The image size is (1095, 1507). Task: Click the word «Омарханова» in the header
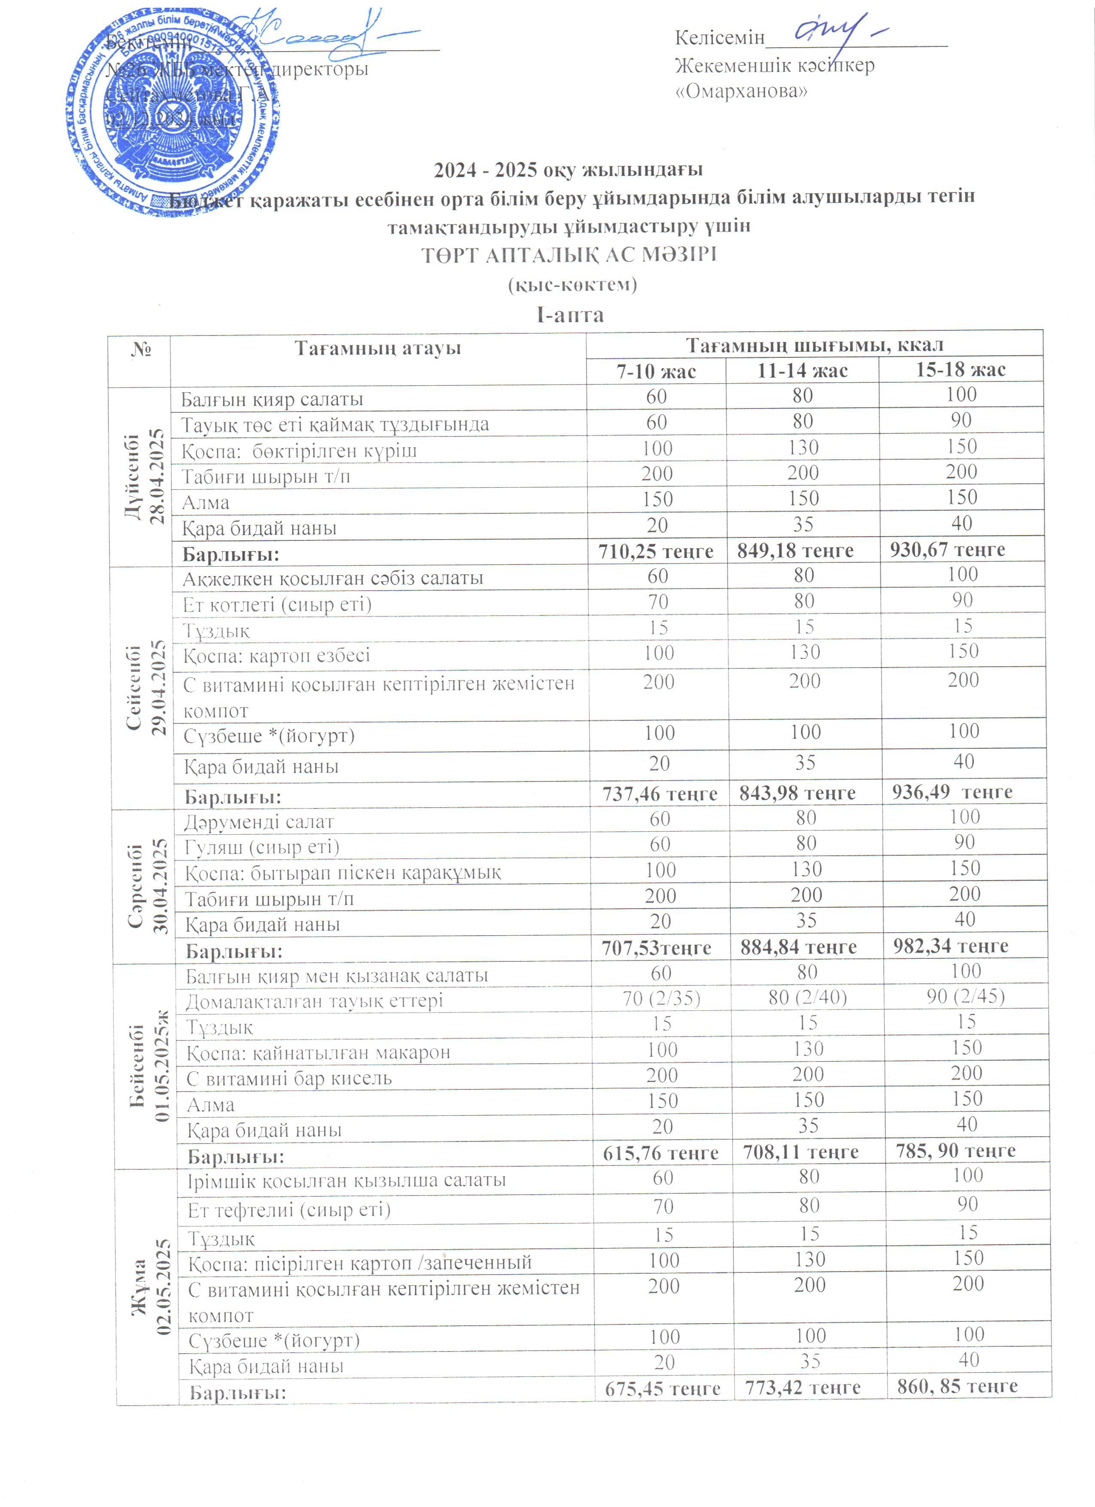point(741,91)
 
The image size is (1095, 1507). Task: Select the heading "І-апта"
point(570,314)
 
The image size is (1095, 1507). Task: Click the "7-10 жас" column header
point(656,371)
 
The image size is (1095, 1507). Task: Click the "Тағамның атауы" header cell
point(378,348)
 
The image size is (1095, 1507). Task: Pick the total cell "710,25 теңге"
point(656,551)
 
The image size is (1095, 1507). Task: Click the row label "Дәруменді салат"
point(259,822)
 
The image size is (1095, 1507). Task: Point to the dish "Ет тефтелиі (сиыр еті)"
point(289,1209)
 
